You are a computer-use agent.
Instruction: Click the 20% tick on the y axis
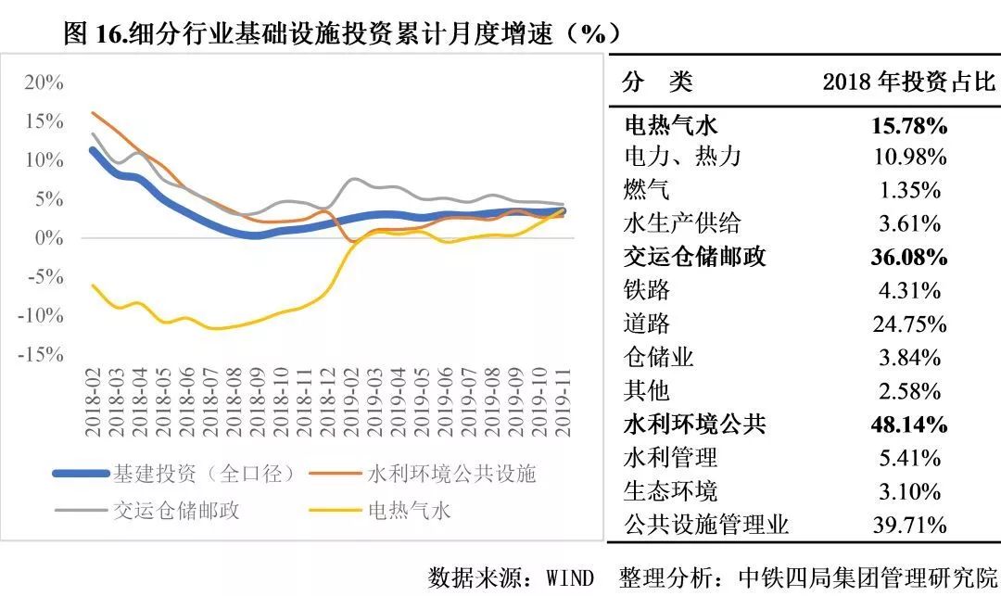point(44,82)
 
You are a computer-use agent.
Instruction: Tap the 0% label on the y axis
point(50,237)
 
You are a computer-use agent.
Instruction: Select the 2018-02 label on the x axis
point(93,401)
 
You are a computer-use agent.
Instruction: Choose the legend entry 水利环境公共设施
point(451,474)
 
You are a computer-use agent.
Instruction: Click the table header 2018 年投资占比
point(908,82)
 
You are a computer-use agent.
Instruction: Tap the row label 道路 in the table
point(647,323)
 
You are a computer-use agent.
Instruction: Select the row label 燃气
point(647,190)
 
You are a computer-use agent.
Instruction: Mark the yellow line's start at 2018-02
point(93,285)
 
